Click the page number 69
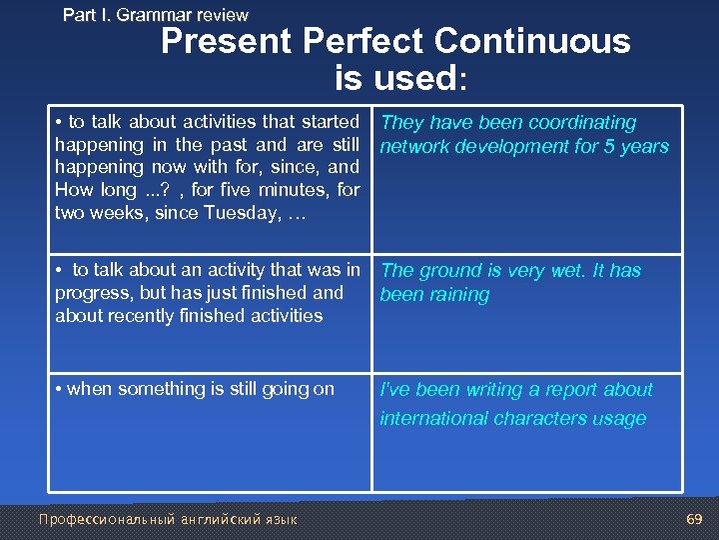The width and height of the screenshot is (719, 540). (695, 519)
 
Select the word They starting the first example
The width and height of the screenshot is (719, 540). (402, 123)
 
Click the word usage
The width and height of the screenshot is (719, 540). (618, 419)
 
